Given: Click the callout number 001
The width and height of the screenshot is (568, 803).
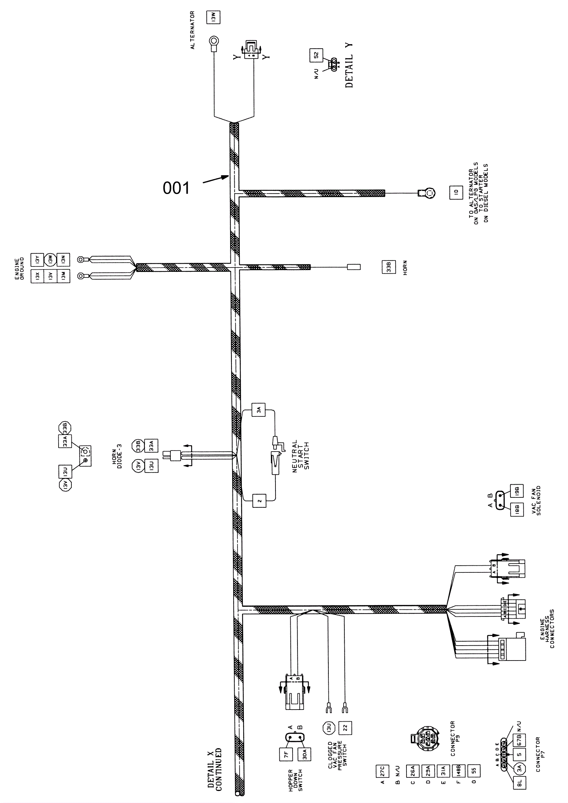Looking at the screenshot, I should [x=176, y=188].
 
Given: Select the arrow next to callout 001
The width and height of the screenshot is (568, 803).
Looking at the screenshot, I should [x=215, y=179].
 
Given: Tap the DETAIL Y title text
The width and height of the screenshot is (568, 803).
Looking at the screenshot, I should [x=349, y=65].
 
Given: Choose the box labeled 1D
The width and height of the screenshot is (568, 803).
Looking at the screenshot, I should [x=456, y=192].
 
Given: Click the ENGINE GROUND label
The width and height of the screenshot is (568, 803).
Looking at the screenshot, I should [x=19, y=268].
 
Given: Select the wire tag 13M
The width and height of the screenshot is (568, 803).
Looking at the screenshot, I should [x=64, y=276].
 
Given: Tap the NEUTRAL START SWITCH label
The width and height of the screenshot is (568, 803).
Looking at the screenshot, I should [x=301, y=456].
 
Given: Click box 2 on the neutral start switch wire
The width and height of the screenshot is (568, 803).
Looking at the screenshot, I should [x=259, y=501].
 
